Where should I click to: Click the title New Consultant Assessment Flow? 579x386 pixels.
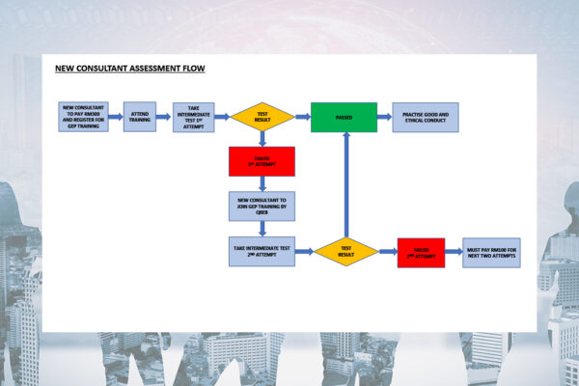click(129, 69)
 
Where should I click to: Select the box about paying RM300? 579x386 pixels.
click(83, 117)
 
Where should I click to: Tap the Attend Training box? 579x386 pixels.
click(139, 117)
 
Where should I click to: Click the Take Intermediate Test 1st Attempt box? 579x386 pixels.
click(193, 117)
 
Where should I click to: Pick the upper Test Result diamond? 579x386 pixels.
click(262, 117)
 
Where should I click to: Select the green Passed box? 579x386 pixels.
click(344, 117)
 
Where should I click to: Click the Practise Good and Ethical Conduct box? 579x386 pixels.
click(426, 117)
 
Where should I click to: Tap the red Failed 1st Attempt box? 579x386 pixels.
click(262, 161)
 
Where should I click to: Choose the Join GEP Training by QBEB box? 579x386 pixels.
click(262, 206)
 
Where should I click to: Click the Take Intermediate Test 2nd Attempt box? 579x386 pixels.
click(262, 252)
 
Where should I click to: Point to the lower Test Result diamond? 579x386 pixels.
click(345, 252)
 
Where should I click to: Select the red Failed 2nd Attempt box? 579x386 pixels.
click(421, 252)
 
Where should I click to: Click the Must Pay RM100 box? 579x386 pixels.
click(491, 252)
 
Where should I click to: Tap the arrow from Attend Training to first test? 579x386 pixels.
click(164, 117)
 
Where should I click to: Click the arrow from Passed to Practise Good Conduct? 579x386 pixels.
click(384, 117)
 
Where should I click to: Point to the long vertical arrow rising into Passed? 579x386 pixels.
click(345, 183)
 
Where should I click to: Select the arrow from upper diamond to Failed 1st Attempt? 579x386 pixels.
click(262, 139)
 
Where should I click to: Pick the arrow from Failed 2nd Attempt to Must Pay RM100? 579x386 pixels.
click(454, 252)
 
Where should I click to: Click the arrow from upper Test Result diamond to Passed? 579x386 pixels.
click(302, 117)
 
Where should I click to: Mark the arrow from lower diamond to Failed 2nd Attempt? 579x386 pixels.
click(387, 252)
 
